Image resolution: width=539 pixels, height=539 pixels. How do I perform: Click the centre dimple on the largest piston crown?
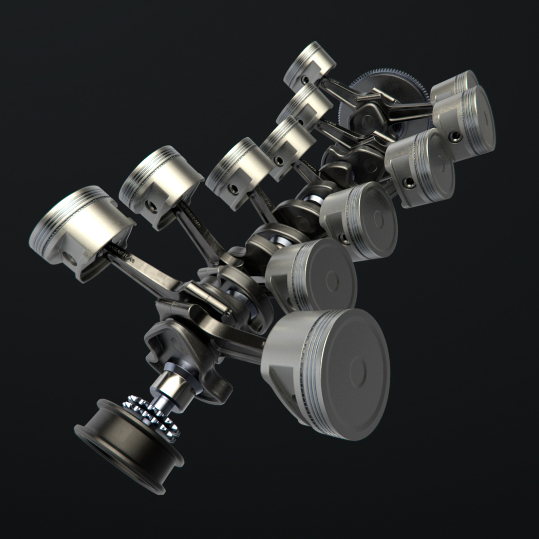358,372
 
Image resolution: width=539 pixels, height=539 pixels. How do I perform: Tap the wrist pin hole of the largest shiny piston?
70,259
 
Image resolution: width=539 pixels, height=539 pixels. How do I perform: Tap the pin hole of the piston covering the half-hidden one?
455,136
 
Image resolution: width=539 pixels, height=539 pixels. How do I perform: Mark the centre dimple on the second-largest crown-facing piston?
332,282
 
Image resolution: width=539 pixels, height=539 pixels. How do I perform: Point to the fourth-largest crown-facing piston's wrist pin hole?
409,183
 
